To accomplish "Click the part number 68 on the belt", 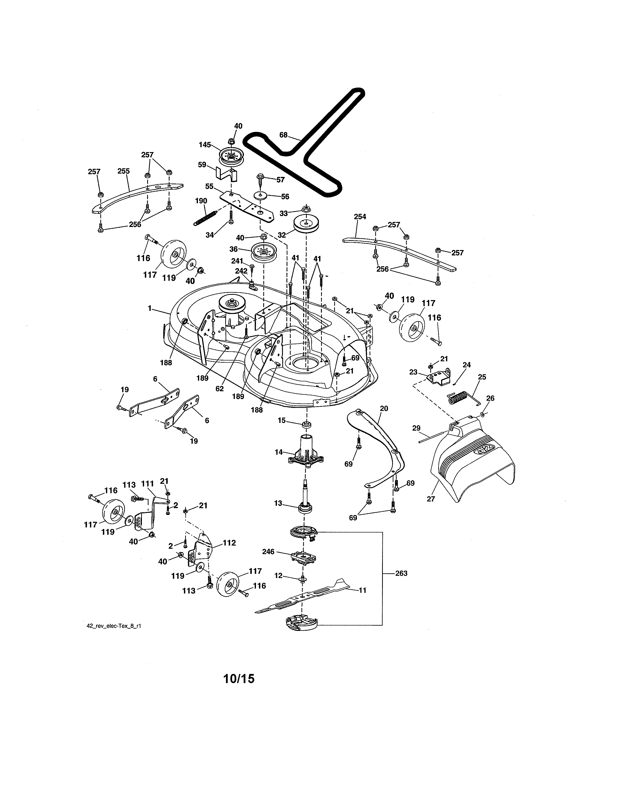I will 284,135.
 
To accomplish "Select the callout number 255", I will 123,171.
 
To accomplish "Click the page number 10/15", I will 239,679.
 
